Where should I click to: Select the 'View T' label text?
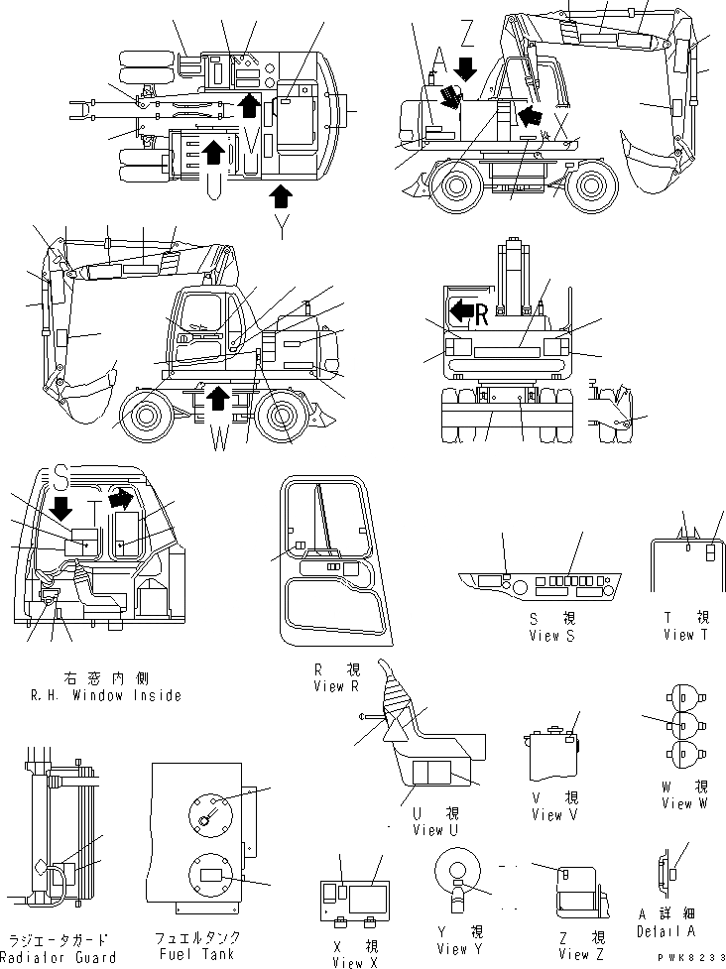tap(685, 635)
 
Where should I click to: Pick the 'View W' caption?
tap(676, 803)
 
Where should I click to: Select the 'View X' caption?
tap(348, 962)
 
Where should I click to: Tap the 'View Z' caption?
tap(574, 954)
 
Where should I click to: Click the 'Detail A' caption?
tap(665, 931)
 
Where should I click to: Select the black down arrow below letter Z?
tap(465, 68)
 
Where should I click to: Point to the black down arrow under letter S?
tap(60, 509)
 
